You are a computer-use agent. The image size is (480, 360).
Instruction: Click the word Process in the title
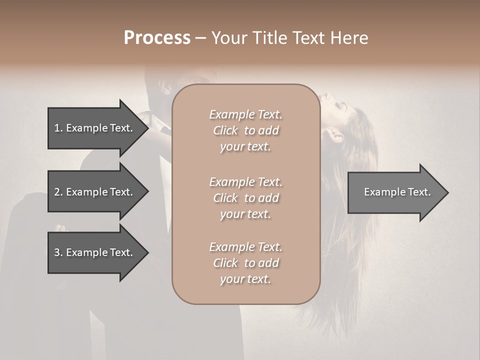157,38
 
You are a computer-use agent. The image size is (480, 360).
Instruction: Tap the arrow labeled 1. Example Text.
95,128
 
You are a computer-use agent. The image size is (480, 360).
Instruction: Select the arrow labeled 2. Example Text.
95,192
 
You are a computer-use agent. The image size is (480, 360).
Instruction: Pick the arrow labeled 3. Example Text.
95,252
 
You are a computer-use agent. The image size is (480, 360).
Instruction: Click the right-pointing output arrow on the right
395,192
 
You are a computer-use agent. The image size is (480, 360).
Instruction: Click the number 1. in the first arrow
58,128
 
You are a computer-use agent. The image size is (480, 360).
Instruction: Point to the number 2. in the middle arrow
58,192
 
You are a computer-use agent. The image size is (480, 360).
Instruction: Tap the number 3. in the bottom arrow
58,252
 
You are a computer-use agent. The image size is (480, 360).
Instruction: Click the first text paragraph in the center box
245,130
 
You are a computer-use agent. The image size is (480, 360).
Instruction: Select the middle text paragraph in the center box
245,198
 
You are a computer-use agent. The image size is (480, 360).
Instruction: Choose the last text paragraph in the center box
245,263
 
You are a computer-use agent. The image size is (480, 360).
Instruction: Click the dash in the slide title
201,38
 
